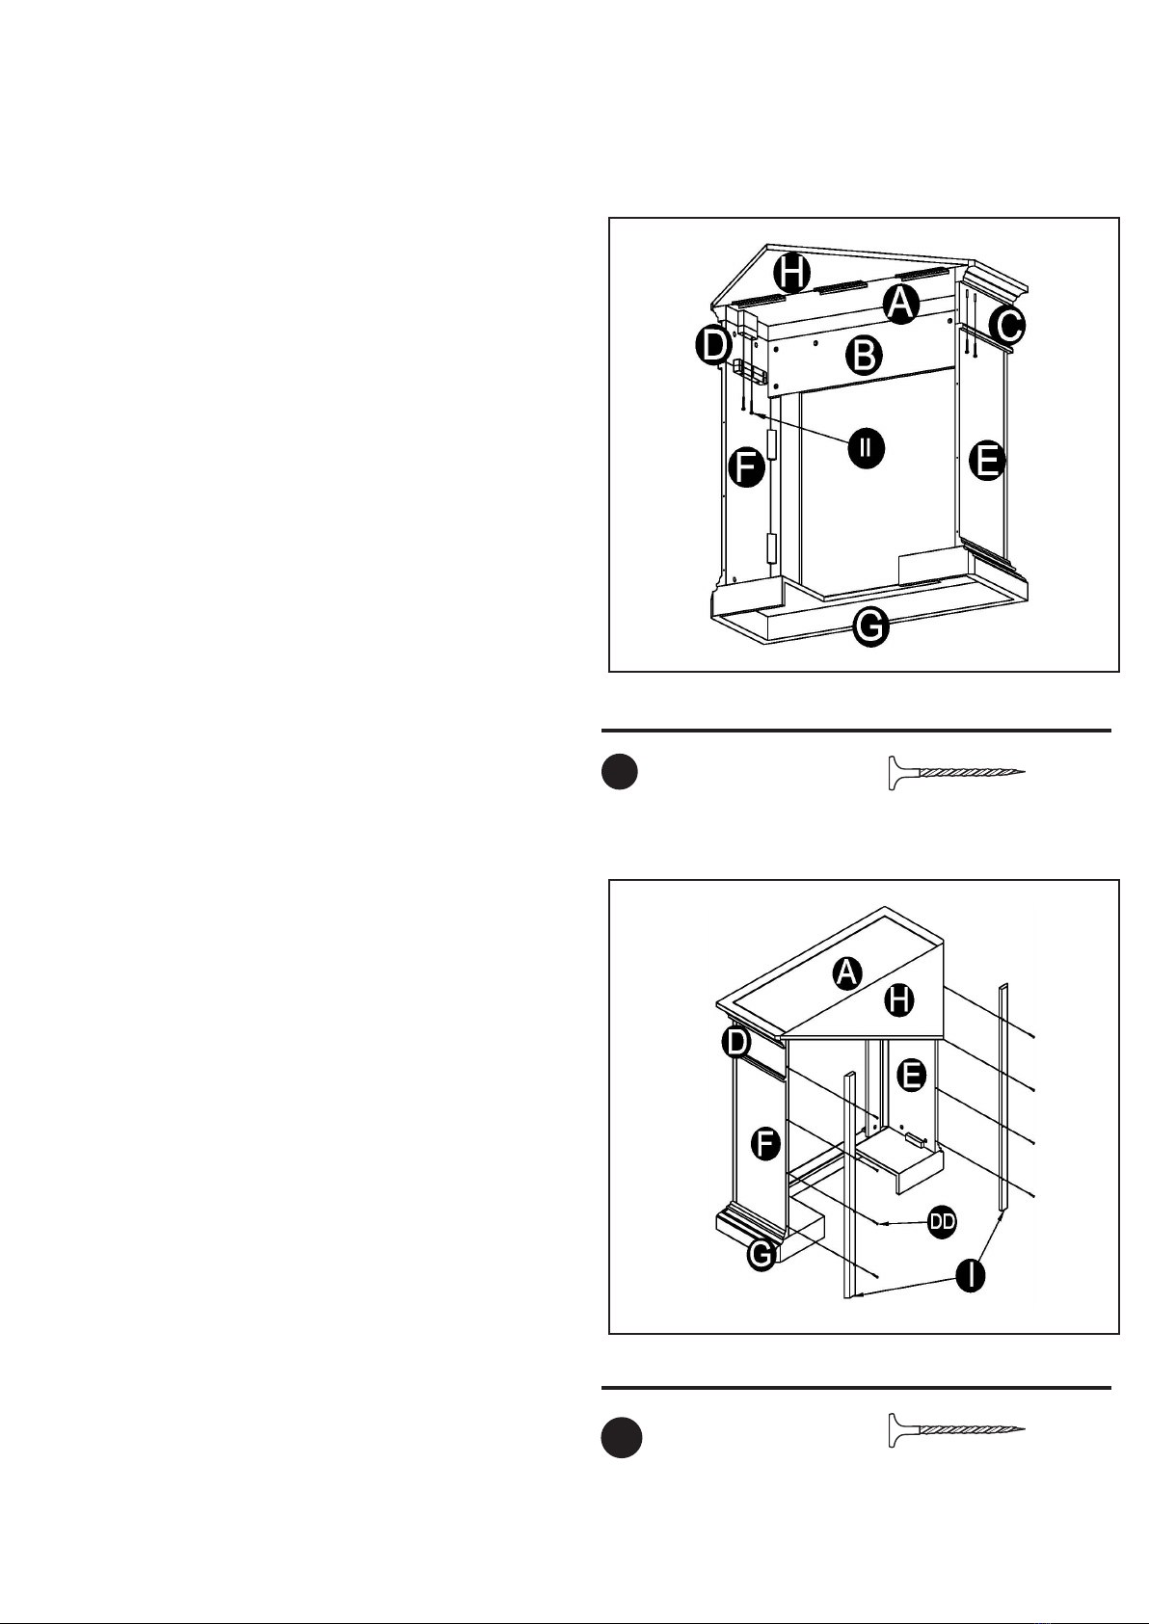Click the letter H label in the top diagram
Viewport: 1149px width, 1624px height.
pyautogui.click(x=791, y=274)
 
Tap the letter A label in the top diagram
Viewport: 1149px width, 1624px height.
pyautogui.click(x=900, y=304)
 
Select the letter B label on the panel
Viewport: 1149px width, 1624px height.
pyautogui.click(x=864, y=356)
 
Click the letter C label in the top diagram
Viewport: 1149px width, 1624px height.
pyautogui.click(x=1007, y=326)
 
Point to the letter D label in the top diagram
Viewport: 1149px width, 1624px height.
pyautogui.click(x=714, y=345)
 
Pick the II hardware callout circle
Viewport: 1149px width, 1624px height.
pyautogui.click(x=867, y=448)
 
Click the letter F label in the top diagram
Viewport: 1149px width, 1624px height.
pyautogui.click(x=747, y=467)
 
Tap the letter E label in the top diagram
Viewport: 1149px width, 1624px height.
pyautogui.click(x=987, y=461)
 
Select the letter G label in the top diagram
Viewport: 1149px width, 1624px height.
pyautogui.click(x=870, y=626)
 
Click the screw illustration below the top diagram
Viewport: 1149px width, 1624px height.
pyautogui.click(x=957, y=773)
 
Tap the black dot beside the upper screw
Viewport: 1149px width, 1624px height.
pyautogui.click(x=620, y=771)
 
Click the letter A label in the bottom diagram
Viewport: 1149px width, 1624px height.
pyautogui.click(x=846, y=972)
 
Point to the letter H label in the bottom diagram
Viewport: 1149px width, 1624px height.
pyautogui.click(x=899, y=1000)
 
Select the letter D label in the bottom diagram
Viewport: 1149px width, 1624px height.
pyautogui.click(x=736, y=1043)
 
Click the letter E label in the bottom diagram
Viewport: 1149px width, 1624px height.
pyautogui.click(x=912, y=1075)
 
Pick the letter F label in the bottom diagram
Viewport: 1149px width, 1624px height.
pyautogui.click(x=765, y=1145)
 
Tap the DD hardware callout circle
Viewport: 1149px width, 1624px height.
pyautogui.click(x=943, y=1222)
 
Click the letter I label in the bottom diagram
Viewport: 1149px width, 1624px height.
pyautogui.click(x=971, y=1274)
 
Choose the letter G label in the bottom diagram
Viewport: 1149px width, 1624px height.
pyautogui.click(x=762, y=1254)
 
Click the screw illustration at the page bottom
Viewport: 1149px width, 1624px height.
pyautogui.click(x=957, y=1430)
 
